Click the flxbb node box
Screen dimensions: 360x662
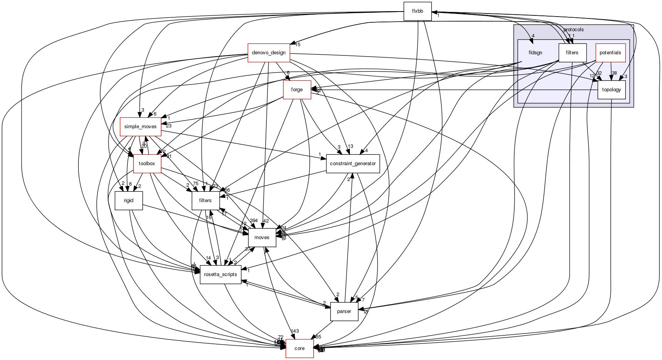(417, 11)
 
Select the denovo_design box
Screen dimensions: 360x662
(269, 53)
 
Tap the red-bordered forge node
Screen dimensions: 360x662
(297, 90)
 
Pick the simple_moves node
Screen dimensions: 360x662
(140, 127)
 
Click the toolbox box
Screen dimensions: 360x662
(147, 164)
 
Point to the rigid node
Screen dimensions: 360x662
(129, 201)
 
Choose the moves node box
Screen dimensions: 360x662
(262, 238)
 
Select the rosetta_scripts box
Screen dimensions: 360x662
(221, 275)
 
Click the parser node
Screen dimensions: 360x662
(344, 311)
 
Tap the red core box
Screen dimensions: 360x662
(299, 348)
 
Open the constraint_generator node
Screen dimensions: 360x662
(353, 164)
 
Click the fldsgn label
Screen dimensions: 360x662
(535, 53)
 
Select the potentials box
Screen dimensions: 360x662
(610, 53)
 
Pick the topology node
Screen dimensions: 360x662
(611, 90)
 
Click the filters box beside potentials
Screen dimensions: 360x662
(572, 53)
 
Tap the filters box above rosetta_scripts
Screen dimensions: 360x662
(206, 201)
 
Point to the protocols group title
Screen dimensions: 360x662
(573, 30)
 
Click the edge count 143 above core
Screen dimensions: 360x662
(295, 331)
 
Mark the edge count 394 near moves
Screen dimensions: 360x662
(254, 221)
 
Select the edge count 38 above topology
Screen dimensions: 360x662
(614, 73)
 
